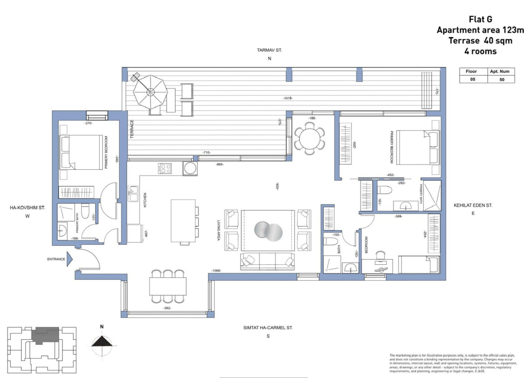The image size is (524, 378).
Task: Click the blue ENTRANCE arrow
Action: pyautogui.click(x=69, y=259)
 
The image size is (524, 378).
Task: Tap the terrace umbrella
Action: pyautogui.click(x=150, y=92)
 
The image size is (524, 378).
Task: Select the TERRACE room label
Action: pyautogui.click(x=132, y=129)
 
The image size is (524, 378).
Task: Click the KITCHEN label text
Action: pyautogui.click(x=145, y=199)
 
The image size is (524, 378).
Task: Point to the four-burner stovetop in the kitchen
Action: pyautogui.click(x=165, y=168)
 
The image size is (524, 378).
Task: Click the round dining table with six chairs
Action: pyautogui.click(x=309, y=138)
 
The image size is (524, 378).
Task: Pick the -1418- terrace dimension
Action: pyautogui.click(x=288, y=98)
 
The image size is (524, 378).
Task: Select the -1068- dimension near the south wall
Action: pyautogui.click(x=216, y=270)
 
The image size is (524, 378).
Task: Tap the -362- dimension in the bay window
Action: pyautogui.click(x=167, y=308)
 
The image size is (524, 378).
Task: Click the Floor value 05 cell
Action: pyautogui.click(x=473, y=79)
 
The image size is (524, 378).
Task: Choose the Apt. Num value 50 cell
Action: pyautogui.click(x=501, y=79)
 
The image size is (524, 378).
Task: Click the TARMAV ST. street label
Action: pyautogui.click(x=269, y=50)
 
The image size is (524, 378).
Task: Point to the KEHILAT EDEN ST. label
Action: pyautogui.click(x=473, y=205)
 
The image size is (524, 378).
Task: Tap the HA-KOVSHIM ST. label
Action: pyautogui.click(x=27, y=208)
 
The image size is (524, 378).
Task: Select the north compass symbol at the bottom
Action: pyautogui.click(x=102, y=342)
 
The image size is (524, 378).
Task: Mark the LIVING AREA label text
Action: pyautogui.click(x=218, y=230)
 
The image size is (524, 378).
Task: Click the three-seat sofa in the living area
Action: pyautogui.click(x=267, y=261)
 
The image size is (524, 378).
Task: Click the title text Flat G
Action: pyautogui.click(x=480, y=19)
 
